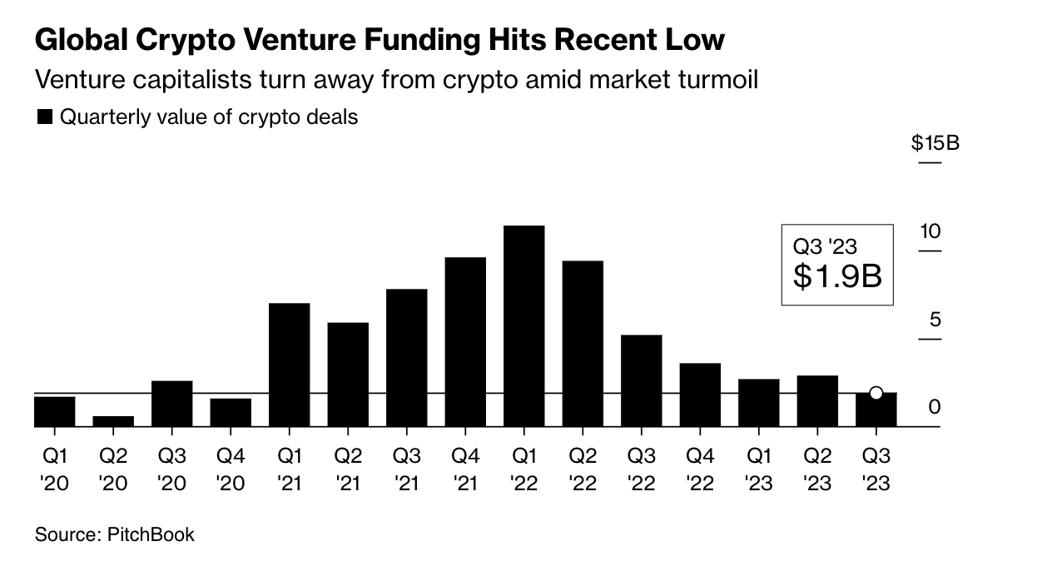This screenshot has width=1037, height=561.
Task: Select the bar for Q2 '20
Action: coord(113,421)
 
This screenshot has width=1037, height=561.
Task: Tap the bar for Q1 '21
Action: coord(290,365)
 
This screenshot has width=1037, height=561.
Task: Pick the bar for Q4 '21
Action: coord(465,342)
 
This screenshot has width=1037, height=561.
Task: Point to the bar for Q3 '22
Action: coord(641,380)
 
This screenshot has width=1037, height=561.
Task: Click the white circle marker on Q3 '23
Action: coord(876,393)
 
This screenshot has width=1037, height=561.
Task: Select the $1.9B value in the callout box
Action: coord(836,276)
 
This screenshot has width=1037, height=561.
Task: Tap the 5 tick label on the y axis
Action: coord(935,320)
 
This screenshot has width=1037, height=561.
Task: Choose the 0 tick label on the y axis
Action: coord(935,407)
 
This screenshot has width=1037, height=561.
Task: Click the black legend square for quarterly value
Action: coord(45,117)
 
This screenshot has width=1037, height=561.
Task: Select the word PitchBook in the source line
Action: coord(151,534)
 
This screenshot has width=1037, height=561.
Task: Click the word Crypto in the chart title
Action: coord(181,40)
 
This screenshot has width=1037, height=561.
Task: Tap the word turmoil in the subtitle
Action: coord(715,81)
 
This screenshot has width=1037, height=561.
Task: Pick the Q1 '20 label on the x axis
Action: coord(54,469)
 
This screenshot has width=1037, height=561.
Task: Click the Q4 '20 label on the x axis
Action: coord(231,469)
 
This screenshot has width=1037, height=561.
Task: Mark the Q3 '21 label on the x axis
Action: coord(406,469)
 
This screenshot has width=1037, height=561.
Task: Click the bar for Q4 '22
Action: coord(699,395)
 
